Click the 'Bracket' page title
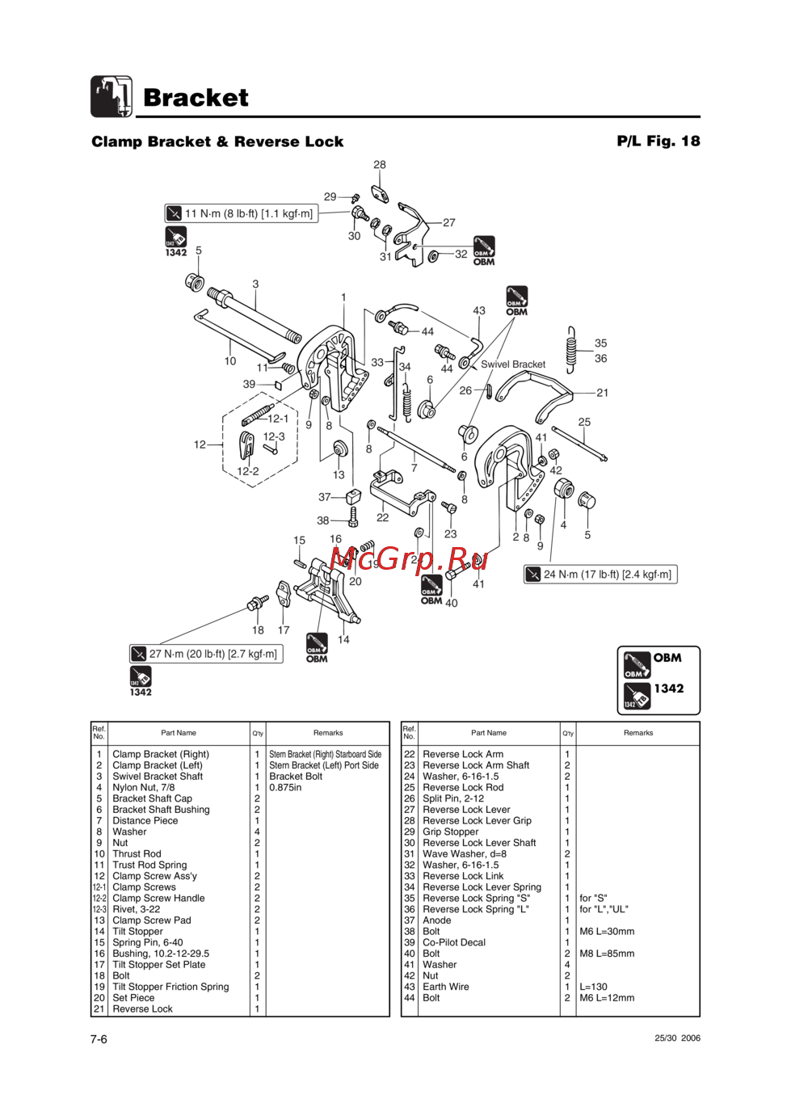pos(196,98)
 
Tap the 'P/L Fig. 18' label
pos(658,141)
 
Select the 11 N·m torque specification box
pos(241,213)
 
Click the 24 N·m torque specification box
pos(600,575)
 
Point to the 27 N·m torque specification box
pos(206,654)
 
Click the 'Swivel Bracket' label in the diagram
pos(513,364)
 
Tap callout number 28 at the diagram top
pos(380,165)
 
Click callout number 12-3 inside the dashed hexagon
pos(274,436)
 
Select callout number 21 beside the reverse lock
pos(603,393)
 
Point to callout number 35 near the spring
pos(600,343)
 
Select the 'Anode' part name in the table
pos(437,920)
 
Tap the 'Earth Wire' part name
pos(445,987)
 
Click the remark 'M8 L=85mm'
pos(607,954)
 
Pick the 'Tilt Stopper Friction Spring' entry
pos(170,987)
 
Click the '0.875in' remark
pos(285,787)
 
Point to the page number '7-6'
pos(99,1039)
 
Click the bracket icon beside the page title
pos(112,97)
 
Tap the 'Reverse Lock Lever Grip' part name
pos(477,820)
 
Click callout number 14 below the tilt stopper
pos(343,640)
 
